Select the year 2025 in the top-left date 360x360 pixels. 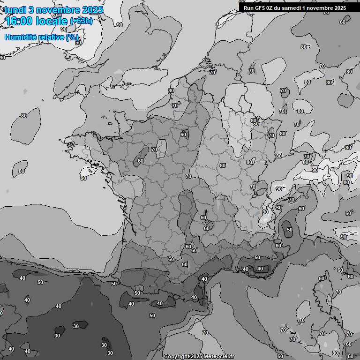[x=93, y=10]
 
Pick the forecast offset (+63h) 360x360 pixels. [x=81, y=21]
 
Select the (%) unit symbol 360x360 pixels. [x=72, y=37]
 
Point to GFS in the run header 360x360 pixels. [x=260, y=8]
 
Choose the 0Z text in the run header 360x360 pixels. [x=270, y=8]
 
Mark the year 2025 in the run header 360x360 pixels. [x=340, y=8]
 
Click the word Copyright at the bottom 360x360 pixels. [x=176, y=356]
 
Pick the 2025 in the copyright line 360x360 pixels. [x=196, y=356]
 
